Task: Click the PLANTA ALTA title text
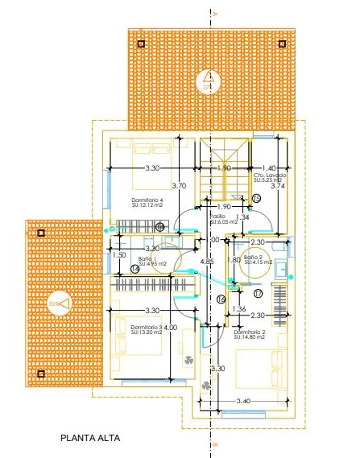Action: (90, 439)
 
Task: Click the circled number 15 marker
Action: (256, 197)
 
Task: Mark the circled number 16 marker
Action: (221, 300)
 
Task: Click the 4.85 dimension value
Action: (207, 262)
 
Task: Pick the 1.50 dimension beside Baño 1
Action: (120, 255)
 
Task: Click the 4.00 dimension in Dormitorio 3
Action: (169, 328)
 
